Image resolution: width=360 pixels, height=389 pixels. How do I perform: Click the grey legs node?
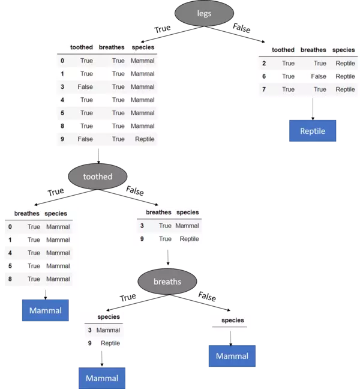[204, 13]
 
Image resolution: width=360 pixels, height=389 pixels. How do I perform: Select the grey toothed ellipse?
[98, 176]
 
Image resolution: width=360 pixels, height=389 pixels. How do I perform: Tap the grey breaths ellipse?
[167, 281]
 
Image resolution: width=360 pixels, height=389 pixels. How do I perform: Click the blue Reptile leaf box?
[313, 131]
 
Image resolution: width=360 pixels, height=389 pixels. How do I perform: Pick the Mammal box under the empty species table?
[232, 356]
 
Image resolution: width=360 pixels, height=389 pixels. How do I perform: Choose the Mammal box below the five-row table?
[46, 310]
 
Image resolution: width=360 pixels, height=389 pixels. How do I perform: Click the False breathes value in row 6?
[319, 76]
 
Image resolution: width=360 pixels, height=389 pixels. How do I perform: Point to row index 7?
[264, 89]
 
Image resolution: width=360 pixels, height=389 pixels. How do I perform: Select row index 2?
[264, 63]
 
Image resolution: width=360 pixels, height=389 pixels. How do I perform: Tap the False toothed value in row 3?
[85, 86]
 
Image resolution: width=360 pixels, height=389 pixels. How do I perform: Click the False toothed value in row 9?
[85, 139]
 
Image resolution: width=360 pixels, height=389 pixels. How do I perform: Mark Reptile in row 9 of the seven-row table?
[145, 139]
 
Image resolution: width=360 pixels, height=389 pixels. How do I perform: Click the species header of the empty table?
[233, 321]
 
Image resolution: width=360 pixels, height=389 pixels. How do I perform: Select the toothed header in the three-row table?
[283, 50]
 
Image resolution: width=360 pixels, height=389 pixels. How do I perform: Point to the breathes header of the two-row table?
[158, 212]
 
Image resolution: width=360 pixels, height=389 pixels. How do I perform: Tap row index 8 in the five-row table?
[10, 279]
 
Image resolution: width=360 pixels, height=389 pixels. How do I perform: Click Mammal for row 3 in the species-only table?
[108, 330]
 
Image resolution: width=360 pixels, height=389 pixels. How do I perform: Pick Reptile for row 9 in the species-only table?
[110, 343]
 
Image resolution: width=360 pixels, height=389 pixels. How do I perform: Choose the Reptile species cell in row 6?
[345, 76]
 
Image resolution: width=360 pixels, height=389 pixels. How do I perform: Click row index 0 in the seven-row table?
[62, 61]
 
